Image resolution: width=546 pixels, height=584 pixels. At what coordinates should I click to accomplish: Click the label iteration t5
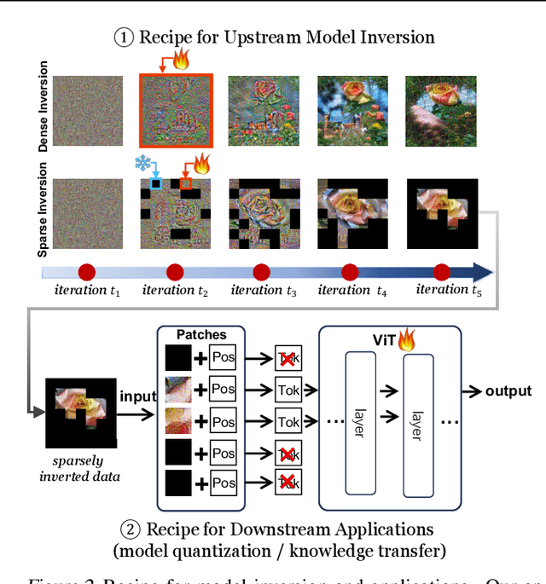pyautogui.click(x=443, y=290)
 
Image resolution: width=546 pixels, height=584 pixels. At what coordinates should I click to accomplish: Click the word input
pyautogui.click(x=137, y=396)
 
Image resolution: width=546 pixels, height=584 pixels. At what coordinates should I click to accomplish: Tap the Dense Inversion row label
pyautogui.click(x=44, y=108)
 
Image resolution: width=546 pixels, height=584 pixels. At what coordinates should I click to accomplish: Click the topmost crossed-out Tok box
pyautogui.click(x=288, y=357)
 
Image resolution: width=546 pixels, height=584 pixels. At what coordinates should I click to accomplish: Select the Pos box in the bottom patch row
pyautogui.click(x=224, y=485)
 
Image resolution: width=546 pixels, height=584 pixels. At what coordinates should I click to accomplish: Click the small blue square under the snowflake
pyautogui.click(x=155, y=183)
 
